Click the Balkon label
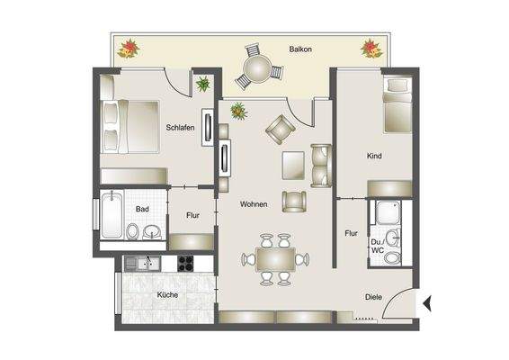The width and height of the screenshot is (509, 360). (x=300, y=49)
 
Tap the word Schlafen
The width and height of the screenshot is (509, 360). (x=181, y=127)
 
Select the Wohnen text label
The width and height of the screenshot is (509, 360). (x=254, y=205)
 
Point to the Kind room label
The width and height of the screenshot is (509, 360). (x=375, y=157)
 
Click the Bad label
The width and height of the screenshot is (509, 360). (x=142, y=210)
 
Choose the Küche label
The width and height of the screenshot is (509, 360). (x=167, y=295)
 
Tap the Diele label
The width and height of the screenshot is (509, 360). (x=374, y=297)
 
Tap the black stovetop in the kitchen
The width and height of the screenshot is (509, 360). (x=185, y=264)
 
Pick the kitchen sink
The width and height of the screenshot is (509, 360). (x=143, y=264)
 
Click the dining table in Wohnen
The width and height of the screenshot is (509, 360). (x=274, y=259)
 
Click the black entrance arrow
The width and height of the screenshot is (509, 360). (x=428, y=303)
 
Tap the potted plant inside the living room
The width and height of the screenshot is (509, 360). (x=239, y=112)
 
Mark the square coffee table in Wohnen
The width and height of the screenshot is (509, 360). (x=293, y=166)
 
